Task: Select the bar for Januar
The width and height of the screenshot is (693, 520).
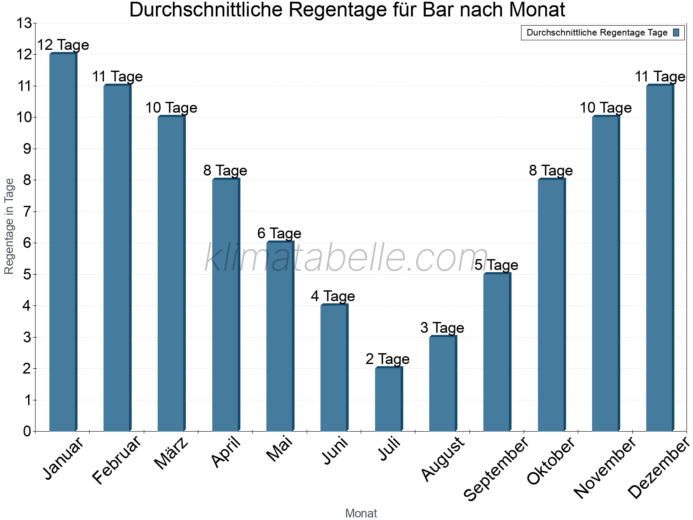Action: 63,243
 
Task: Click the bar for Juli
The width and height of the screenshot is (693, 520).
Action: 389,400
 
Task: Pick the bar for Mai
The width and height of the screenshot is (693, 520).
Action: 280,337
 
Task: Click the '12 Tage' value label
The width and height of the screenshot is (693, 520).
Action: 63,45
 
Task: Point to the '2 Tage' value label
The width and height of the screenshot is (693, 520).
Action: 388,359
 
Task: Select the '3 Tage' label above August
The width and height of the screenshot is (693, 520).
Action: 442,328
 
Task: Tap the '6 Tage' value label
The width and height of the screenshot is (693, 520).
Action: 279,234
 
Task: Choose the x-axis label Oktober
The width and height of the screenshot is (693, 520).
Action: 551,461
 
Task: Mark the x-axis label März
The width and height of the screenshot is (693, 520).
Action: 172,453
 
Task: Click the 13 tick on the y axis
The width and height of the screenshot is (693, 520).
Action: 24,23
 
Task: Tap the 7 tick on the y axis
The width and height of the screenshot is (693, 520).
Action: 27,211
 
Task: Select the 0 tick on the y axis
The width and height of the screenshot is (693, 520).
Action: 27,431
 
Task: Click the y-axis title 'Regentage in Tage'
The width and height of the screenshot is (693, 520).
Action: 9,226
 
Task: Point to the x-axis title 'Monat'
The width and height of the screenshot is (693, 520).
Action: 361,513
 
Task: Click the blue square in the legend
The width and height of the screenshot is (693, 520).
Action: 676,32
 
